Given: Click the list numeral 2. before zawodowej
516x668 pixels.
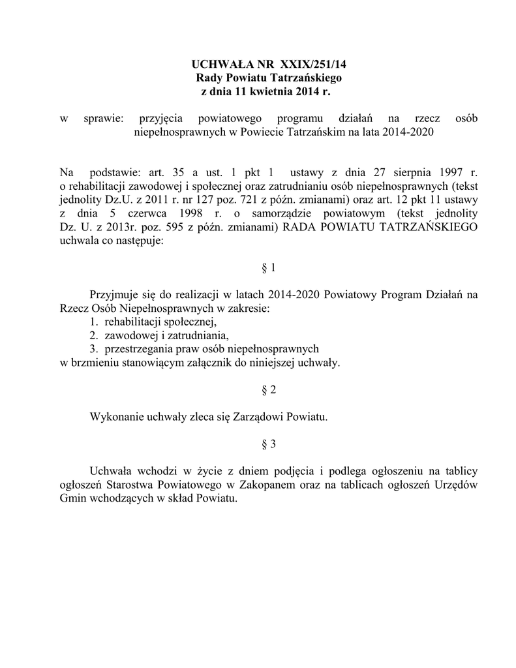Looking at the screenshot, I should click(x=94, y=336).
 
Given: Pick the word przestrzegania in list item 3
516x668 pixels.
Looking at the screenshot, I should click(x=138, y=350).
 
